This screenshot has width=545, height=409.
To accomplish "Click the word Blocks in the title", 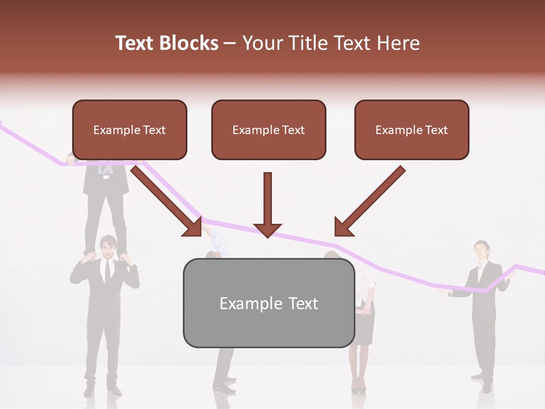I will [x=188, y=43].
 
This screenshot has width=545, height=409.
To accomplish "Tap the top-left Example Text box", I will [x=129, y=130].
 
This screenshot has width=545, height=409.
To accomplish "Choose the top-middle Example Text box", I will [x=269, y=130].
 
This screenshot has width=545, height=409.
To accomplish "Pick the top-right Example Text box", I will [x=412, y=130].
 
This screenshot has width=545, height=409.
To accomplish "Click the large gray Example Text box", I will [x=269, y=303].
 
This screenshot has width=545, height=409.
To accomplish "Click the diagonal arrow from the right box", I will [x=369, y=202].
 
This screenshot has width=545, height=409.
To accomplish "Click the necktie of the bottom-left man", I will [x=107, y=272].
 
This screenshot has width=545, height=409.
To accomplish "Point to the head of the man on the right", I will [x=481, y=249].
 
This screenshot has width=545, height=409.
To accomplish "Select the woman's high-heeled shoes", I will [x=358, y=387].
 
